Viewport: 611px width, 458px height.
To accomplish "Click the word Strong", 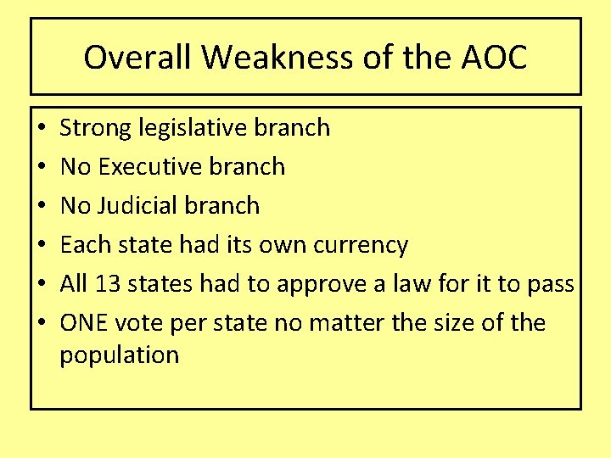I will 95,128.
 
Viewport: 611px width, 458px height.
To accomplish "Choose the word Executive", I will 149,167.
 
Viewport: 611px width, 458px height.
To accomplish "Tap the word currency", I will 361,245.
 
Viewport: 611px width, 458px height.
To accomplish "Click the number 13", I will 107,284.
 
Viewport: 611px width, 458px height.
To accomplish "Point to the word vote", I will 138,323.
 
